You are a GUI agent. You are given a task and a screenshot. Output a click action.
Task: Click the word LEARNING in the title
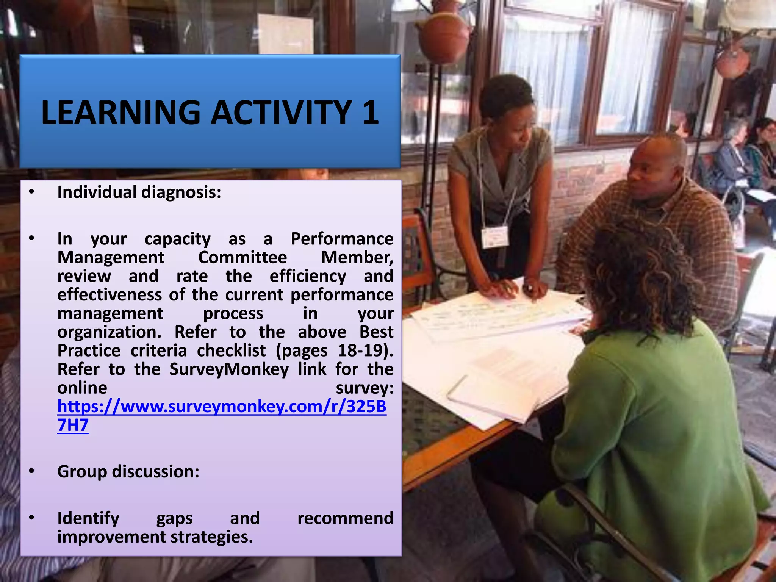click(x=120, y=113)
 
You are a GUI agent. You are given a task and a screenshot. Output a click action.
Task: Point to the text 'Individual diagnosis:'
click(x=139, y=192)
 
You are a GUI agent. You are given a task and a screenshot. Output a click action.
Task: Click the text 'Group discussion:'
click(x=128, y=472)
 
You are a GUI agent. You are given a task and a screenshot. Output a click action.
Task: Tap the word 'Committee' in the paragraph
click(x=242, y=258)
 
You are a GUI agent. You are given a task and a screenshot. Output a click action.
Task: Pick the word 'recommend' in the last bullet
click(x=345, y=518)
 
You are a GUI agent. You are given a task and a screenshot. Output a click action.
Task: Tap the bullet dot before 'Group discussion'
click(x=32, y=472)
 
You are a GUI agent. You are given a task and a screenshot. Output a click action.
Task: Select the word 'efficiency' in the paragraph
click(x=308, y=276)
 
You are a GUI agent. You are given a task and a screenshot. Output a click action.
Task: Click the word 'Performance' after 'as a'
click(x=342, y=239)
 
